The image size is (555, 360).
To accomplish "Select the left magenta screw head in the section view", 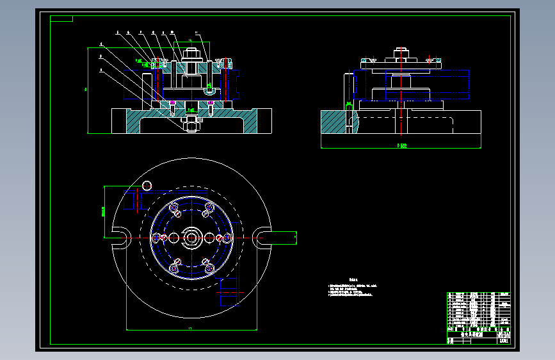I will point(172,102).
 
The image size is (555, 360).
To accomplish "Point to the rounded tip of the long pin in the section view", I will point(210,92).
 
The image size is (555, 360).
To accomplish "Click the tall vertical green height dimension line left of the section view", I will point(88,90).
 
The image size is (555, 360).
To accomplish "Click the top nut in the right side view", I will point(401,50).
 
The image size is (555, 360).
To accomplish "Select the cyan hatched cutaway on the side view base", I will point(336,122).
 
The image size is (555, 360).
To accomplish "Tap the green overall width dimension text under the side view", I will point(401,145).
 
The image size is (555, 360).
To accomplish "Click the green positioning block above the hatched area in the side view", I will point(348,104).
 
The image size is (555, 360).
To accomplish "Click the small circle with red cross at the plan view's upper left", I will point(147,186).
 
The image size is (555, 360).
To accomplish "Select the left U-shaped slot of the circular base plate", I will point(120,238).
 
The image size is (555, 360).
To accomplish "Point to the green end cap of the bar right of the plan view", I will point(295,238).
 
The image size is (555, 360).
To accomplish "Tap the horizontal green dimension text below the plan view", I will point(191,328).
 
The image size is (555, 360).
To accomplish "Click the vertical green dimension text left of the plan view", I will point(103,211).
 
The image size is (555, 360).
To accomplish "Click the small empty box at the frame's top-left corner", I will point(62,17).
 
